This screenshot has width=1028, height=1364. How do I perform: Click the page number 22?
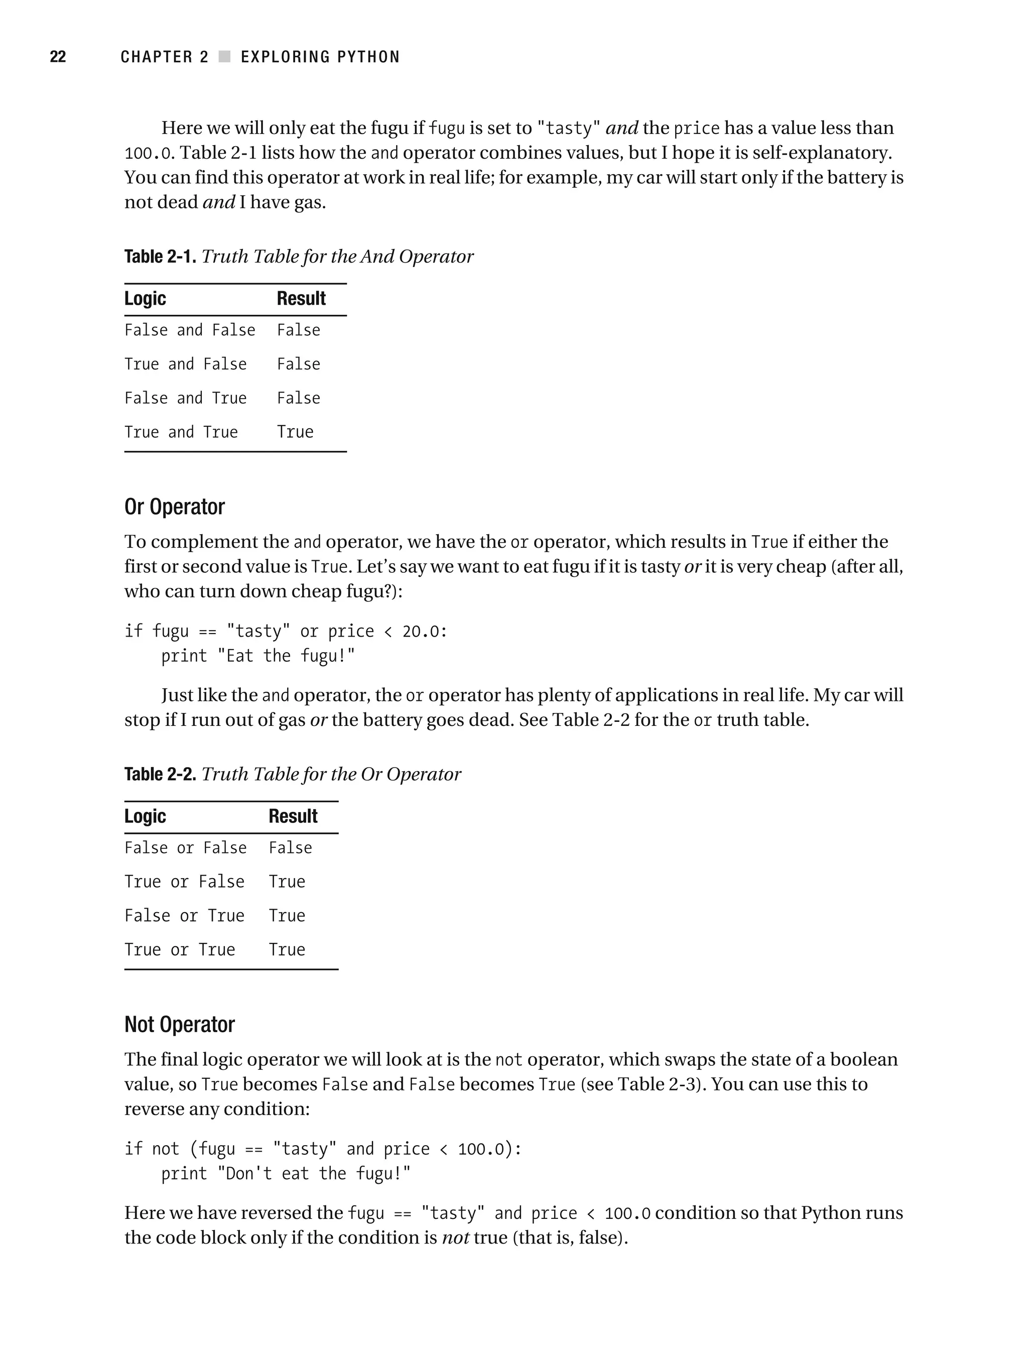(57, 57)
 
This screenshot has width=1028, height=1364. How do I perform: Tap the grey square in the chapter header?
(224, 57)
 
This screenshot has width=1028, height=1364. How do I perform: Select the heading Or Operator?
(175, 507)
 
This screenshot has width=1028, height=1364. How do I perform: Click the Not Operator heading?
(180, 1024)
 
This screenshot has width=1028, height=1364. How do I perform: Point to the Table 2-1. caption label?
(160, 257)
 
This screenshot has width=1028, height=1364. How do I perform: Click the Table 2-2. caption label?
(160, 774)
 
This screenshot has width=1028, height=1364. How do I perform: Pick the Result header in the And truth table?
(301, 298)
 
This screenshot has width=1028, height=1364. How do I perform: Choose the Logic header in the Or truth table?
(145, 816)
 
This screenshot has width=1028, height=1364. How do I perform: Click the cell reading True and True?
(181, 432)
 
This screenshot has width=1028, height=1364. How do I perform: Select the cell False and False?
(189, 330)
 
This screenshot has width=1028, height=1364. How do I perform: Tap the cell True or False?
(184, 881)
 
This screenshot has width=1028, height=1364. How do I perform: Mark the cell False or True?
(184, 915)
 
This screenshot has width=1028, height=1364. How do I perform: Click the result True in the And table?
(295, 432)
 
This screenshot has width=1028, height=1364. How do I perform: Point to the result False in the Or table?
(290, 847)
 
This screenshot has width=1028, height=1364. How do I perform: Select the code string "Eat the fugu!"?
(286, 656)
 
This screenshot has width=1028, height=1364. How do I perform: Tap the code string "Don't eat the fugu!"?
(314, 1173)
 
